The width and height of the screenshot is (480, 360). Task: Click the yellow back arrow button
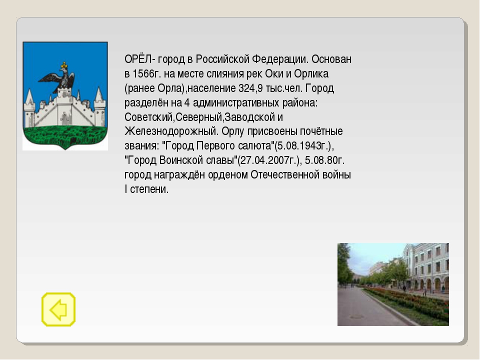[58, 309]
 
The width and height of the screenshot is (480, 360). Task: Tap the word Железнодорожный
[171, 131]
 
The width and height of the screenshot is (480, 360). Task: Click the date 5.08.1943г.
[303, 145]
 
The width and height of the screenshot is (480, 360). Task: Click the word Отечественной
[286, 175]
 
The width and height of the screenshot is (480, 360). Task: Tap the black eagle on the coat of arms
[60, 78]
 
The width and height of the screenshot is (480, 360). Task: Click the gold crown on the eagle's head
[64, 65]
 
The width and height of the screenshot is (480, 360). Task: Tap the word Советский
[149, 117]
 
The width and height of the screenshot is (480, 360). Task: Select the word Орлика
[311, 74]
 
